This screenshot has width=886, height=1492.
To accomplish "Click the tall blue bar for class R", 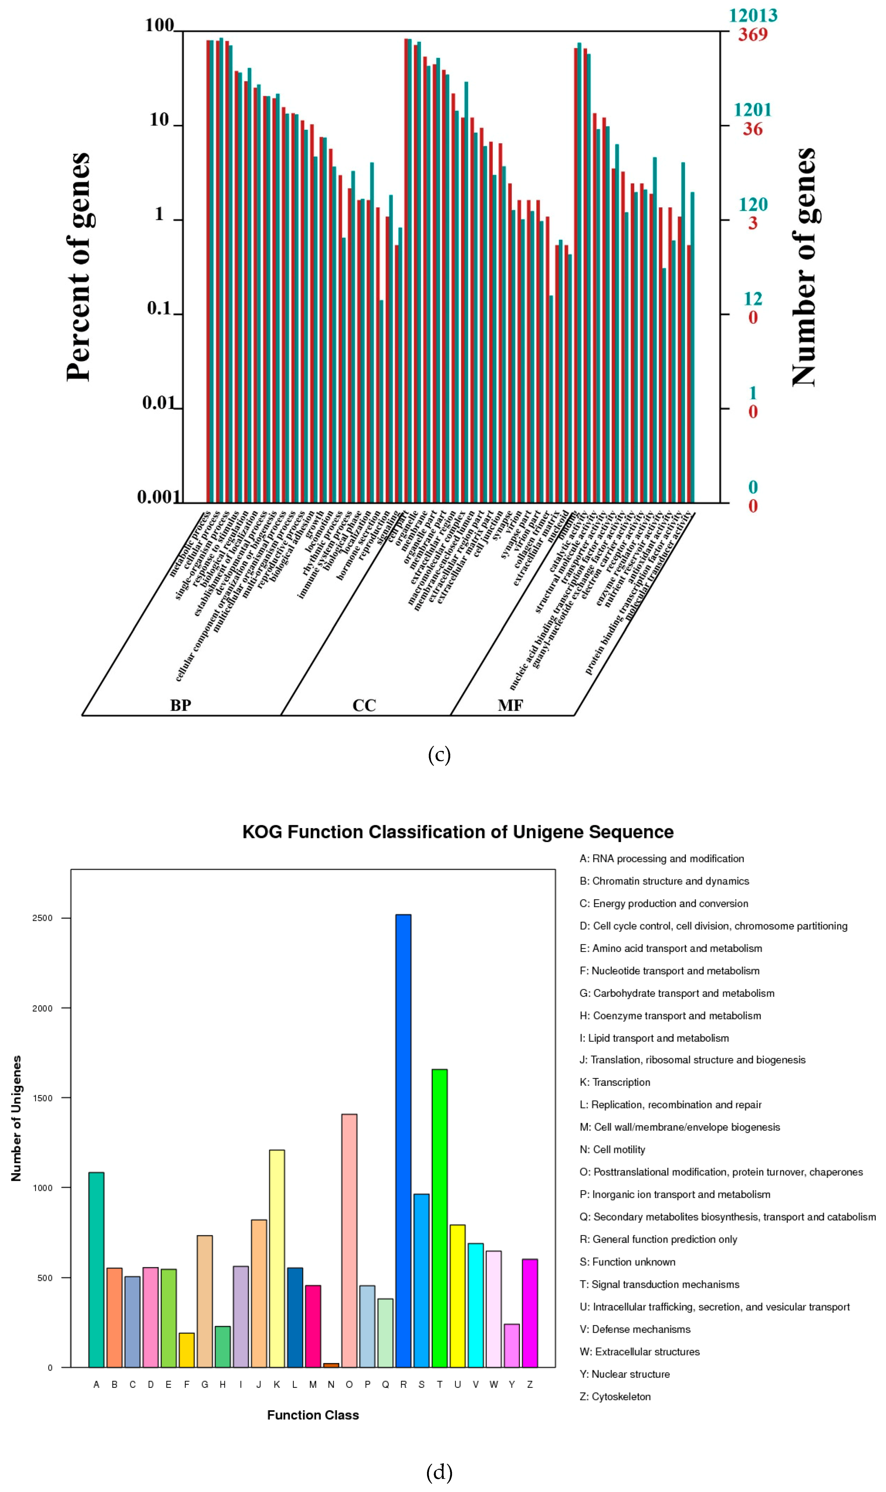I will pyautogui.click(x=403, y=1140).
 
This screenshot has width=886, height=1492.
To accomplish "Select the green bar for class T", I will pyautogui.click(x=439, y=1217).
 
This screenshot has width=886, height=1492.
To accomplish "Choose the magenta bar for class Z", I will pyautogui.click(x=529, y=1313).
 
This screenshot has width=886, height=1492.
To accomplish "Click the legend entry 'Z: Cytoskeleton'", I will pyautogui.click(x=615, y=1396).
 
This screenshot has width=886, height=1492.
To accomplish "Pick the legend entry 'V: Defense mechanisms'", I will pyautogui.click(x=635, y=1329).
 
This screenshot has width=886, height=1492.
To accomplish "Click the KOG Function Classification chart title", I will pyautogui.click(x=458, y=832).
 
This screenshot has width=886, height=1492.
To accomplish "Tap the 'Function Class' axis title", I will pyautogui.click(x=313, y=1415).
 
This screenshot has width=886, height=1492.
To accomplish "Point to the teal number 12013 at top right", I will pyautogui.click(x=753, y=15).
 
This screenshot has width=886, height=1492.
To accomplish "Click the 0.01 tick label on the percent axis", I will pyautogui.click(x=157, y=404).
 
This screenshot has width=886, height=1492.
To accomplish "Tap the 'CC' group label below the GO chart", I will pyautogui.click(x=364, y=705).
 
